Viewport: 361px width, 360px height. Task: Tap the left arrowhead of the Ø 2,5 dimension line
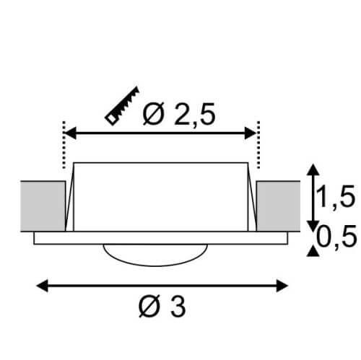click(x=70, y=132)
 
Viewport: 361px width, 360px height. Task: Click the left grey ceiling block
click(x=43, y=204)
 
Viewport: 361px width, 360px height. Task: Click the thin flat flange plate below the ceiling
click(x=58, y=238)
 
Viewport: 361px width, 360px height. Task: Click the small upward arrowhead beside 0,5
click(x=311, y=250)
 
